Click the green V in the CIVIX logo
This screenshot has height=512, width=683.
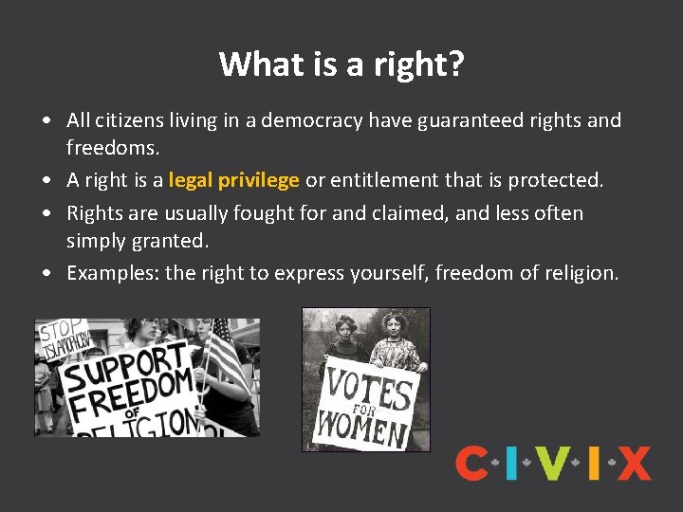[x=552, y=464]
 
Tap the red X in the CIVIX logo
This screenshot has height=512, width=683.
[x=633, y=464]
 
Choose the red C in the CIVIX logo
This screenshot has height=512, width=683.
[x=471, y=464]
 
